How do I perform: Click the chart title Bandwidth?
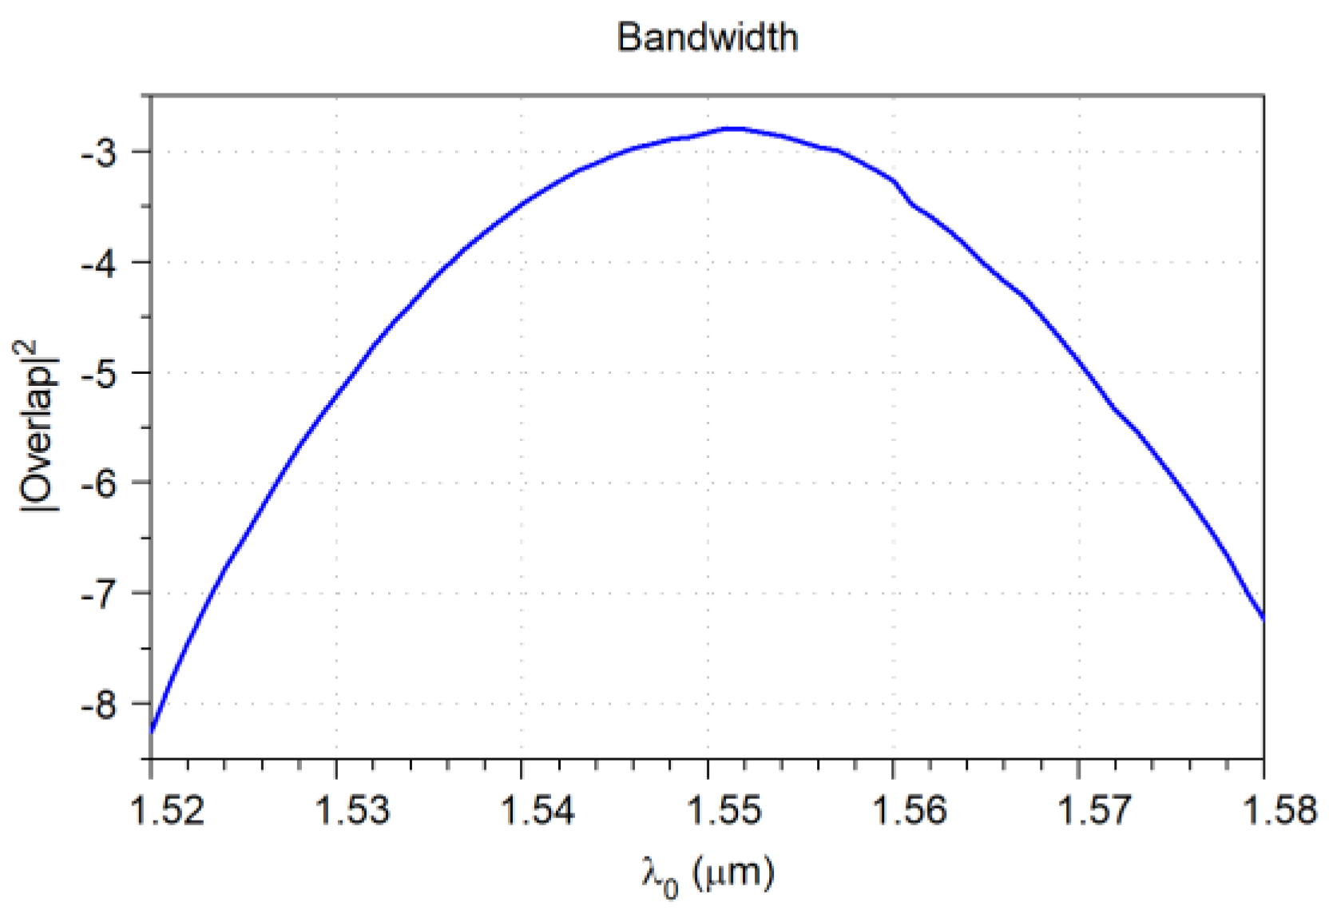tap(707, 38)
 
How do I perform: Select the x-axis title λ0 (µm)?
tap(707, 875)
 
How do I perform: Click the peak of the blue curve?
tap(732, 128)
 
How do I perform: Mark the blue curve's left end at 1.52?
tap(152, 730)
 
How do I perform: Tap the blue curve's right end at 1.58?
tap(1263, 618)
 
